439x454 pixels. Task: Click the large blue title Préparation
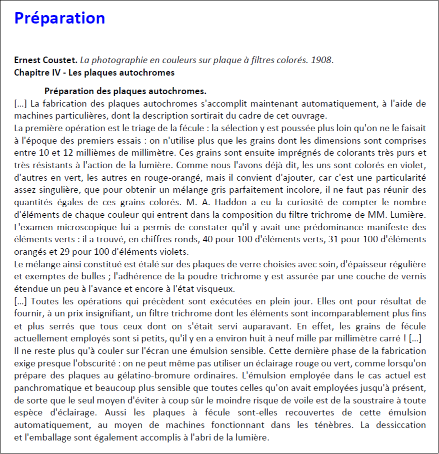click(59, 18)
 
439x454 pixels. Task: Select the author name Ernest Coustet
click(45, 60)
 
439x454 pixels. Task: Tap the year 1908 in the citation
click(321, 60)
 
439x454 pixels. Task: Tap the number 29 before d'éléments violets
click(63, 251)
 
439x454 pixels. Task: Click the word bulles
click(93, 276)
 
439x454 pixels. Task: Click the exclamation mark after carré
click(403, 338)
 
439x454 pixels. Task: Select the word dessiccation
click(401, 424)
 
